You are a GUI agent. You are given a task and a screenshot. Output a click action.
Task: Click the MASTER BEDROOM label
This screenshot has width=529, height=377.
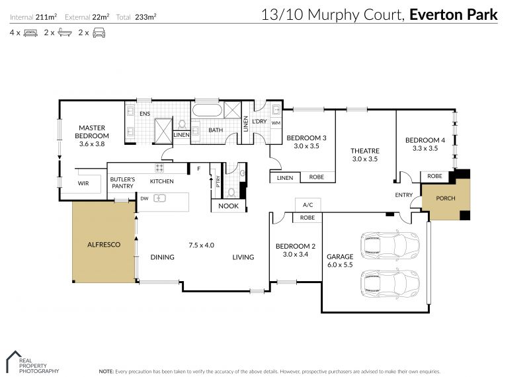point(93,131)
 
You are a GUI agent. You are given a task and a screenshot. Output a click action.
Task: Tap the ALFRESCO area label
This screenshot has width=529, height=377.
point(103,245)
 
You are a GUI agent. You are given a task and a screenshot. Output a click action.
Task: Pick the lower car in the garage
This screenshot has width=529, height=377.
point(389,284)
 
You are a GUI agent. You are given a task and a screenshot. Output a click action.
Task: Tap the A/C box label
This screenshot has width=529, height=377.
point(307,205)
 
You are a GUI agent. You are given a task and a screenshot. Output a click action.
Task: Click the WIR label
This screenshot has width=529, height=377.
point(83,183)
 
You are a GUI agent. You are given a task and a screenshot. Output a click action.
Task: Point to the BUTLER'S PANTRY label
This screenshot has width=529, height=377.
point(122,183)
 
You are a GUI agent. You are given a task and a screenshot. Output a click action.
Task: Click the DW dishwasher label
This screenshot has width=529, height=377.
point(143,198)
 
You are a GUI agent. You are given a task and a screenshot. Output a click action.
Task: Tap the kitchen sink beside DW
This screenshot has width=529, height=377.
point(159,198)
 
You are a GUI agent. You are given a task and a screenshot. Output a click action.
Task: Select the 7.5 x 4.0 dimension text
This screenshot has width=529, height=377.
point(202,244)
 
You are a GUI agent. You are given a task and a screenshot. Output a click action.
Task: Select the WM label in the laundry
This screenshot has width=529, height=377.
point(276,123)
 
